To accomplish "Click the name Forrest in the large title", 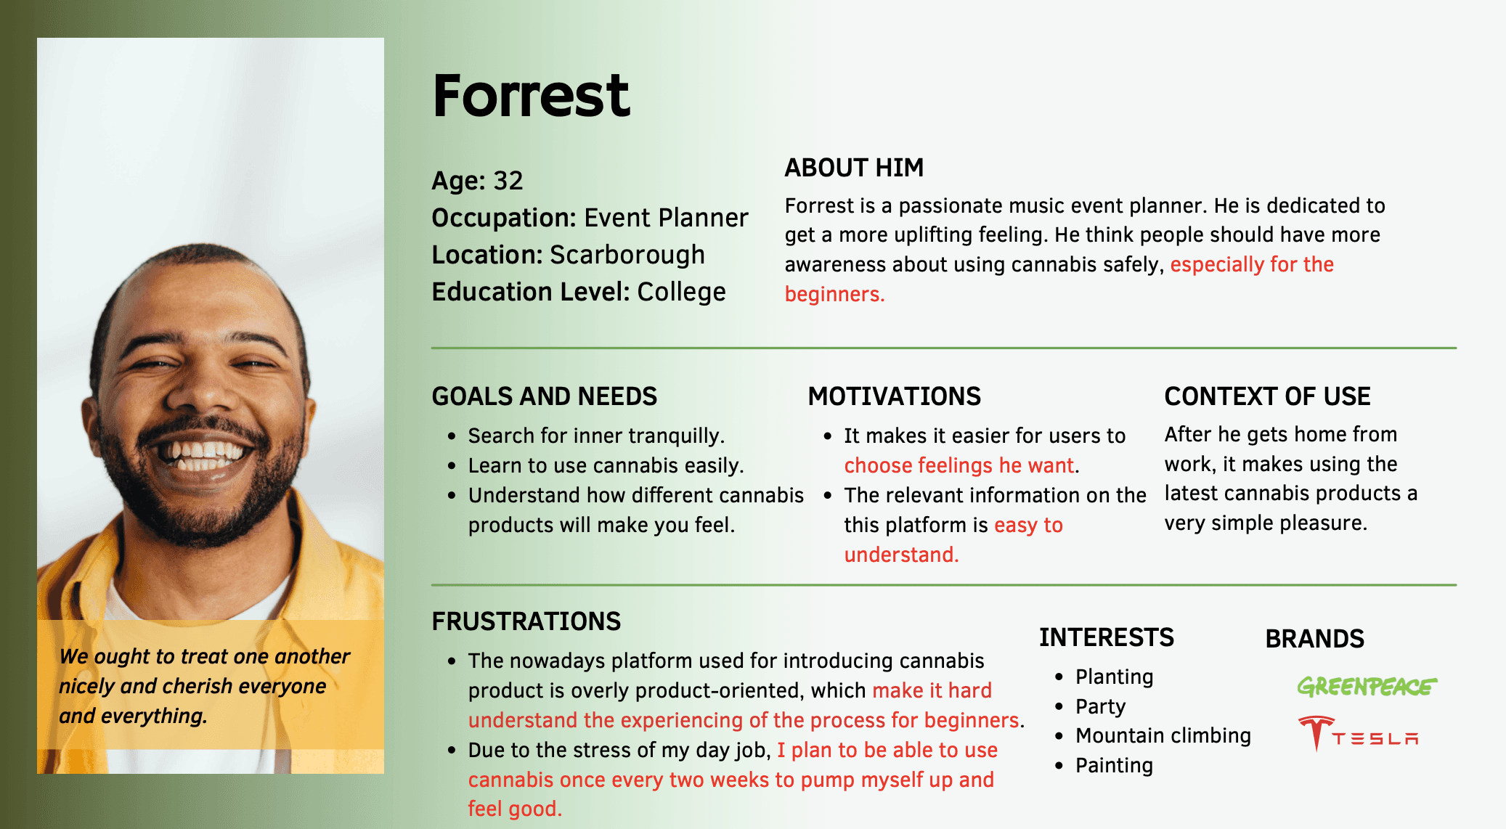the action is [531, 96].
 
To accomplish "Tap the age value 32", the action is [508, 181].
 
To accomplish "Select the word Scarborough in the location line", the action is [627, 255].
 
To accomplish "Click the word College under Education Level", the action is [681, 292].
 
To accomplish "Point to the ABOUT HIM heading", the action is [854, 168].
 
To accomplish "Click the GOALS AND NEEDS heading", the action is [544, 396].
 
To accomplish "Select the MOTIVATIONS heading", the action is [894, 396].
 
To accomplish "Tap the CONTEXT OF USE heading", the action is [1267, 396].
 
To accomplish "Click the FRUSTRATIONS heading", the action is [526, 621].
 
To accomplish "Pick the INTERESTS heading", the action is [1106, 637].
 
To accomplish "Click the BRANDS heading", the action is [1314, 639].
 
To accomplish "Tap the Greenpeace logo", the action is [1367, 686].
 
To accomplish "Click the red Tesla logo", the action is [1358, 733].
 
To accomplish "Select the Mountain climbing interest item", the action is [1163, 735].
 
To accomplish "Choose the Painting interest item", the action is [1114, 765].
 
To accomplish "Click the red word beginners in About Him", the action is [834, 294].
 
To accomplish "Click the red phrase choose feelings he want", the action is [958, 465].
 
